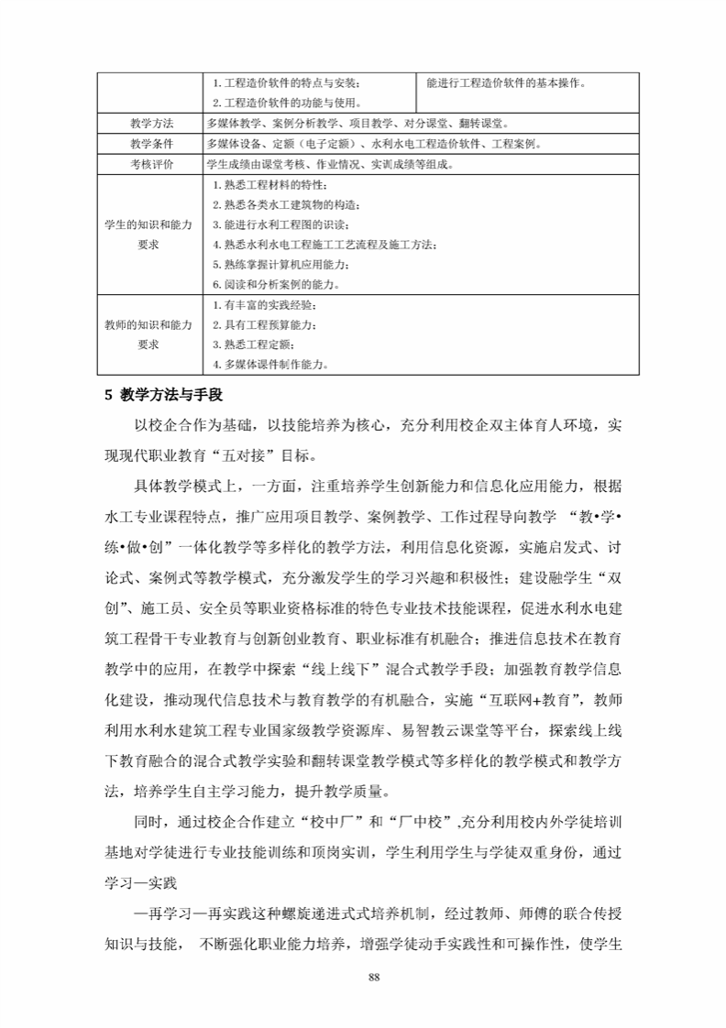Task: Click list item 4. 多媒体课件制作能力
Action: coord(270,364)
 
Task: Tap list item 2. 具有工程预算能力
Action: coord(264,324)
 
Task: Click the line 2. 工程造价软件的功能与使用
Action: coord(286,103)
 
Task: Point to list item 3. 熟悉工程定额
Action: coord(254,344)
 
